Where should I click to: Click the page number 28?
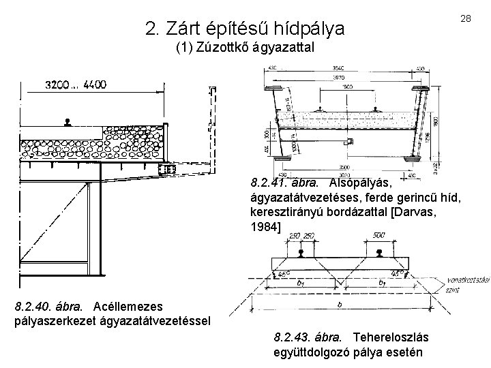466,18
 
